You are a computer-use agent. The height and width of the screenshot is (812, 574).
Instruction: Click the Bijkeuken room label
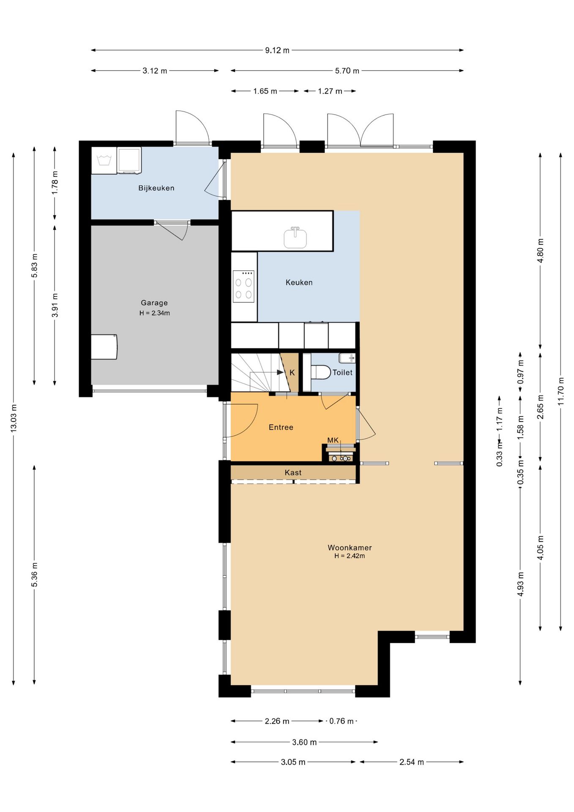(x=156, y=188)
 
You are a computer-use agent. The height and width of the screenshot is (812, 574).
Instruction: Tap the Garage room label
(x=154, y=303)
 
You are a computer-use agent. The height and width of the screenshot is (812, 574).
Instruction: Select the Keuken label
(x=299, y=283)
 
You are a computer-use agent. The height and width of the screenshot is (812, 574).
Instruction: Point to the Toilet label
(x=342, y=373)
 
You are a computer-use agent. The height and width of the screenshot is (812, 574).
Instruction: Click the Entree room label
(x=281, y=427)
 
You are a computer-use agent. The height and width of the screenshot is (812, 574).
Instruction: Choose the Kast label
(x=293, y=472)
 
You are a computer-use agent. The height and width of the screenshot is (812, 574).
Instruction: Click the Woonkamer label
(x=350, y=548)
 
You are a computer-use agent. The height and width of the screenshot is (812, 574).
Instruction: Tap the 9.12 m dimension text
(x=277, y=50)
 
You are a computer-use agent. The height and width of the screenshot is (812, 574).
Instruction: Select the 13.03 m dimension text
(x=14, y=418)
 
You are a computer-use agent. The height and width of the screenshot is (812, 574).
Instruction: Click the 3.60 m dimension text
(x=304, y=742)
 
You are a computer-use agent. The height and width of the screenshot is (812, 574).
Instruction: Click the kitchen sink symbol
(x=295, y=238)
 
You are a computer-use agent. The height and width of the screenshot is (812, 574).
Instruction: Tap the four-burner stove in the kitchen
(x=243, y=286)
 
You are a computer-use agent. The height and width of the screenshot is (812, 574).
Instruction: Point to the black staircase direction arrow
(x=280, y=373)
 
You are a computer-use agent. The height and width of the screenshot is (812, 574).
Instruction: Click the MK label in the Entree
(x=333, y=440)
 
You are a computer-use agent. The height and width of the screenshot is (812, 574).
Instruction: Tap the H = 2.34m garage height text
(x=155, y=313)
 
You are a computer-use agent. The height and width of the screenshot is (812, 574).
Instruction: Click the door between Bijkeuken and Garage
(x=172, y=230)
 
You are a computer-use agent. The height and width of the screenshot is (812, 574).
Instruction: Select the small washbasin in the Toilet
(x=347, y=358)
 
